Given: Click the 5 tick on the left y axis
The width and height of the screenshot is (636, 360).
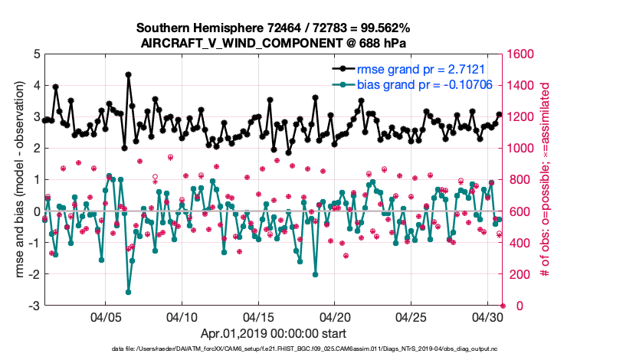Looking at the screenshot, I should click(x=37, y=54).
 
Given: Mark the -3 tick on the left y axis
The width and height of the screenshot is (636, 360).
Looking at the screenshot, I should click(x=34, y=306).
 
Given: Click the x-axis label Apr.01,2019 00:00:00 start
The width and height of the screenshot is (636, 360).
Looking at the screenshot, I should click(x=273, y=333).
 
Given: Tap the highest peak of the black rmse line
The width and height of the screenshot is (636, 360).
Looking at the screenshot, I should click(x=128, y=75).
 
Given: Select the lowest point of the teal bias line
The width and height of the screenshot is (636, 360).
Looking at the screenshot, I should click(x=128, y=292).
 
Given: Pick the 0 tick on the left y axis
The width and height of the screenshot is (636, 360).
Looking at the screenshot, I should click(x=37, y=211).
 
